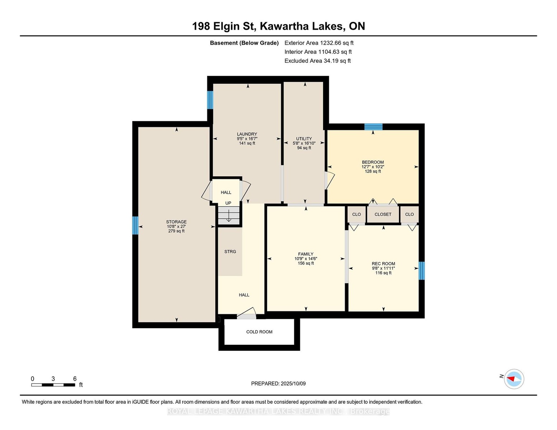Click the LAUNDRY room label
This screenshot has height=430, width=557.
click(247, 134)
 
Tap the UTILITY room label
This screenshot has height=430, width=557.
click(304, 139)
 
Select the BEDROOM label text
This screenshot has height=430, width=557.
click(373, 162)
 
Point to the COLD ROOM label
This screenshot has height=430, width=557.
click(259, 332)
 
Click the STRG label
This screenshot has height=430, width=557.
click(230, 252)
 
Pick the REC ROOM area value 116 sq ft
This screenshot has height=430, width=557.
click(383, 273)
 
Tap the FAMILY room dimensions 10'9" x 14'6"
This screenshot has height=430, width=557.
click(306, 259)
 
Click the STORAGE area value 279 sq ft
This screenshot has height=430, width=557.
click(176, 231)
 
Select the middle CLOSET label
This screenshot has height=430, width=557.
click(383, 214)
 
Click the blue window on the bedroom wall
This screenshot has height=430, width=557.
click(373, 127)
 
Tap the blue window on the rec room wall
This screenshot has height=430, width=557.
click(421, 271)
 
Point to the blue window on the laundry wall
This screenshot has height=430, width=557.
click(210, 100)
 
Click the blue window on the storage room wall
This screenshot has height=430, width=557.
click(135, 225)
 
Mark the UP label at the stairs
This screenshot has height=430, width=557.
click(228, 203)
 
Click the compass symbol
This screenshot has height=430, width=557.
click(514, 379)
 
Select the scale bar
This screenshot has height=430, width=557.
click(53, 385)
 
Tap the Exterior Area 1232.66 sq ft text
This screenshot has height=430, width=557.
click(319, 43)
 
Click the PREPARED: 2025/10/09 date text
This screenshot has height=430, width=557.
click(278, 383)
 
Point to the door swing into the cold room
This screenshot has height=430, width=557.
click(246, 313)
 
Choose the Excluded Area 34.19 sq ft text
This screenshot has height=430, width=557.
click(317, 61)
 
